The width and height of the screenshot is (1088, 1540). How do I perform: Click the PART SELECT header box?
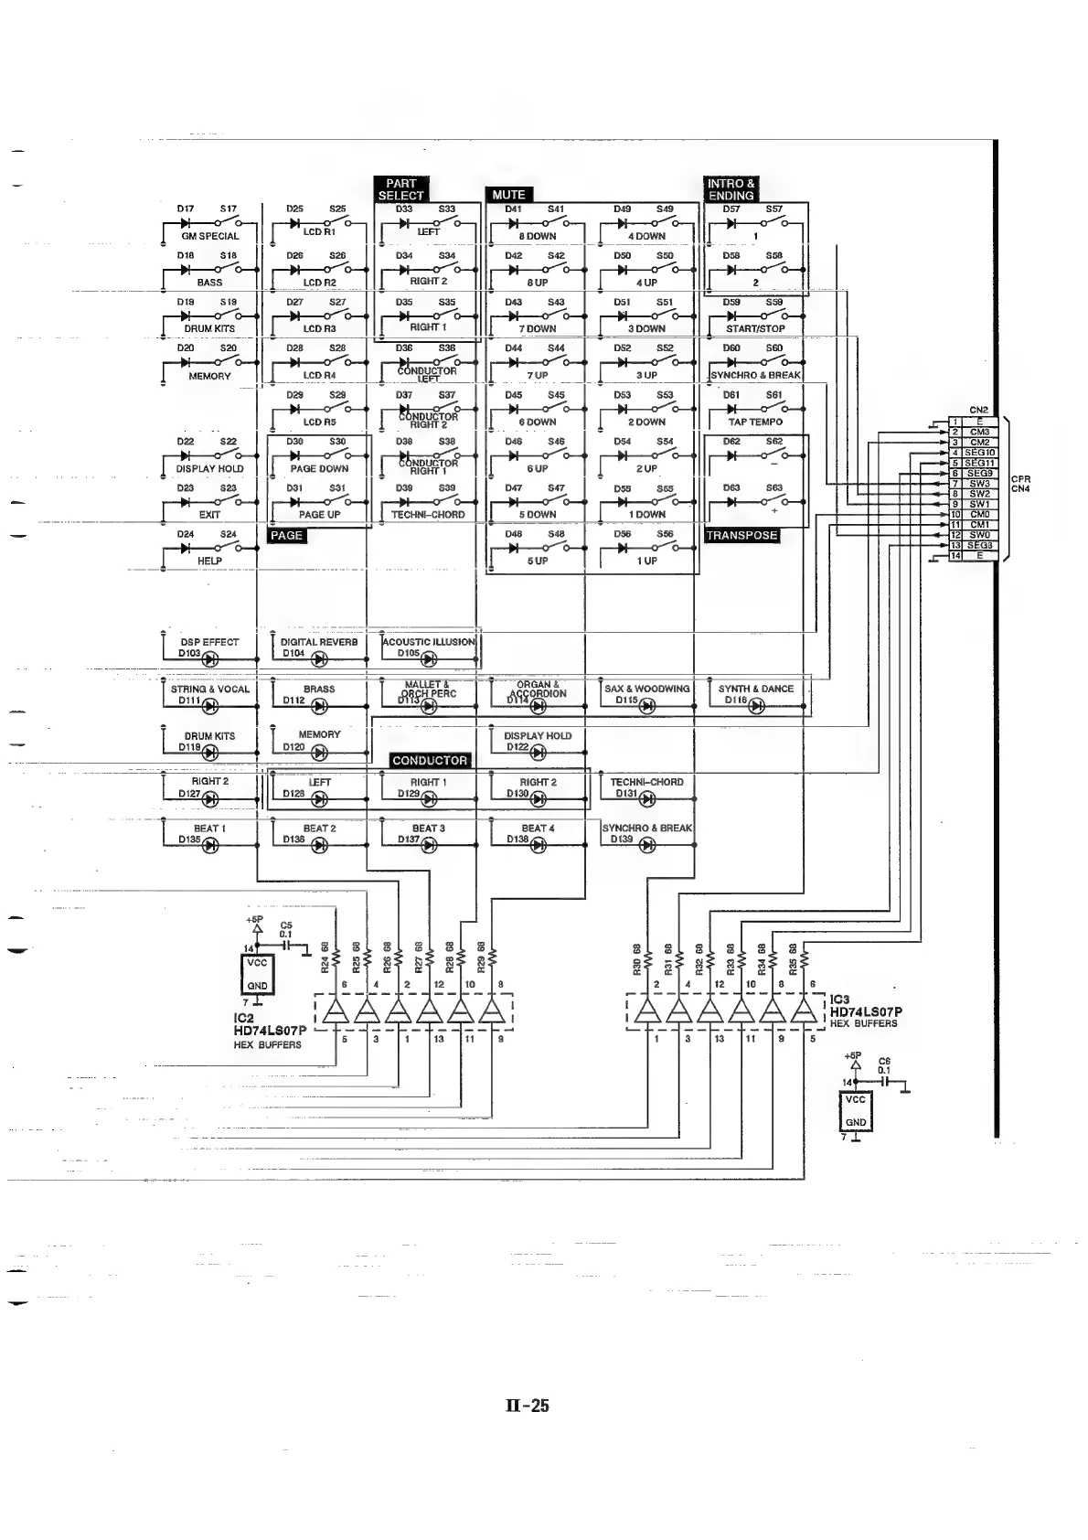[400, 189]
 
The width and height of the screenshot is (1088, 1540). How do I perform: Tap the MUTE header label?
[508, 195]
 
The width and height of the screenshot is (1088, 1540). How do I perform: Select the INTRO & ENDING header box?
[731, 189]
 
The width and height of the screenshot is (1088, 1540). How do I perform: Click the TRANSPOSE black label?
[741, 536]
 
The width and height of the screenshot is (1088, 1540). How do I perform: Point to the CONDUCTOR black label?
[429, 761]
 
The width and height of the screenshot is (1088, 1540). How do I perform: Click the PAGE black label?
[286, 536]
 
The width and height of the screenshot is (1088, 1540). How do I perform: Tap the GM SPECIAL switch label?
[210, 236]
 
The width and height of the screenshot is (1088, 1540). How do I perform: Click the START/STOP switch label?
[755, 328]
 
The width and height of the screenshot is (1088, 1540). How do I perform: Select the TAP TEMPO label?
[755, 422]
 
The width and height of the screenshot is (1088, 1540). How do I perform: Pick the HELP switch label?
[209, 561]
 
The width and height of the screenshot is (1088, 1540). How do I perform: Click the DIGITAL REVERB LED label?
[319, 642]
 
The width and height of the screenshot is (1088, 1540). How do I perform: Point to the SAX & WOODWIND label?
[647, 689]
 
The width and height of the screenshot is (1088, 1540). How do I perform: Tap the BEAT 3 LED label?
[428, 829]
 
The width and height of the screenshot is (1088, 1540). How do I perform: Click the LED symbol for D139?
[647, 845]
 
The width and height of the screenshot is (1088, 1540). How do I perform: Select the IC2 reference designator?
[243, 1018]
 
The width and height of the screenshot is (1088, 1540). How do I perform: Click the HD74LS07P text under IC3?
[866, 1012]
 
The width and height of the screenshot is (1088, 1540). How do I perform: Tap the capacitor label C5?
[286, 925]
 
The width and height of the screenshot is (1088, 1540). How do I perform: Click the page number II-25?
[528, 1406]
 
